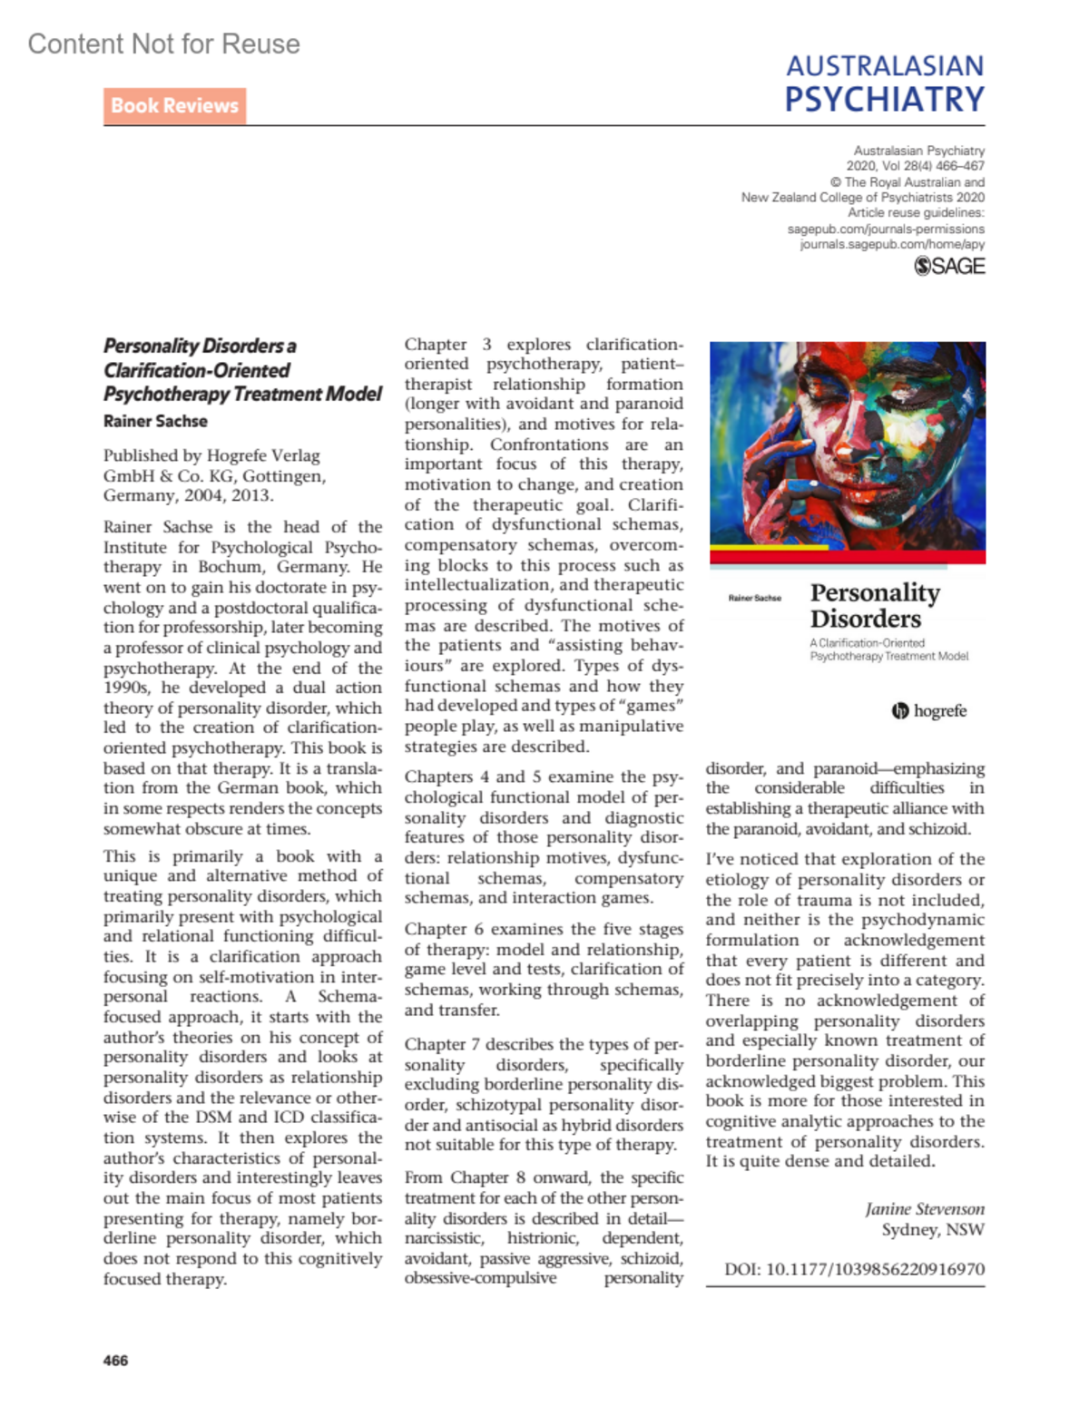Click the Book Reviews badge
pyautogui.click(x=174, y=106)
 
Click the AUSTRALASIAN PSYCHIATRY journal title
pyautogui.click(x=885, y=83)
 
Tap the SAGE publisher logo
pyautogui.click(x=949, y=266)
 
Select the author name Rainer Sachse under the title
pyautogui.click(x=155, y=421)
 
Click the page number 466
pyautogui.click(x=116, y=1360)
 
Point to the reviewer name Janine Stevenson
pyautogui.click(x=924, y=1208)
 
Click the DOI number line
pyautogui.click(x=854, y=1269)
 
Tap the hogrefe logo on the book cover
pyautogui.click(x=929, y=711)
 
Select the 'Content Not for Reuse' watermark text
pyautogui.click(x=164, y=44)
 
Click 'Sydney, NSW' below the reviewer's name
pyautogui.click(x=933, y=1229)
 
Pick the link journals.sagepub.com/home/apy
pyautogui.click(x=892, y=244)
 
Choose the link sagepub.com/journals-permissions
pyautogui.click(x=886, y=229)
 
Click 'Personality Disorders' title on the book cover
pyautogui.click(x=874, y=605)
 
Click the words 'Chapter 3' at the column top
pyautogui.click(x=447, y=345)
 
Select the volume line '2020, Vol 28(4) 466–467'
pyautogui.click(x=915, y=166)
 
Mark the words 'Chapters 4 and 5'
pyautogui.click(x=476, y=776)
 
